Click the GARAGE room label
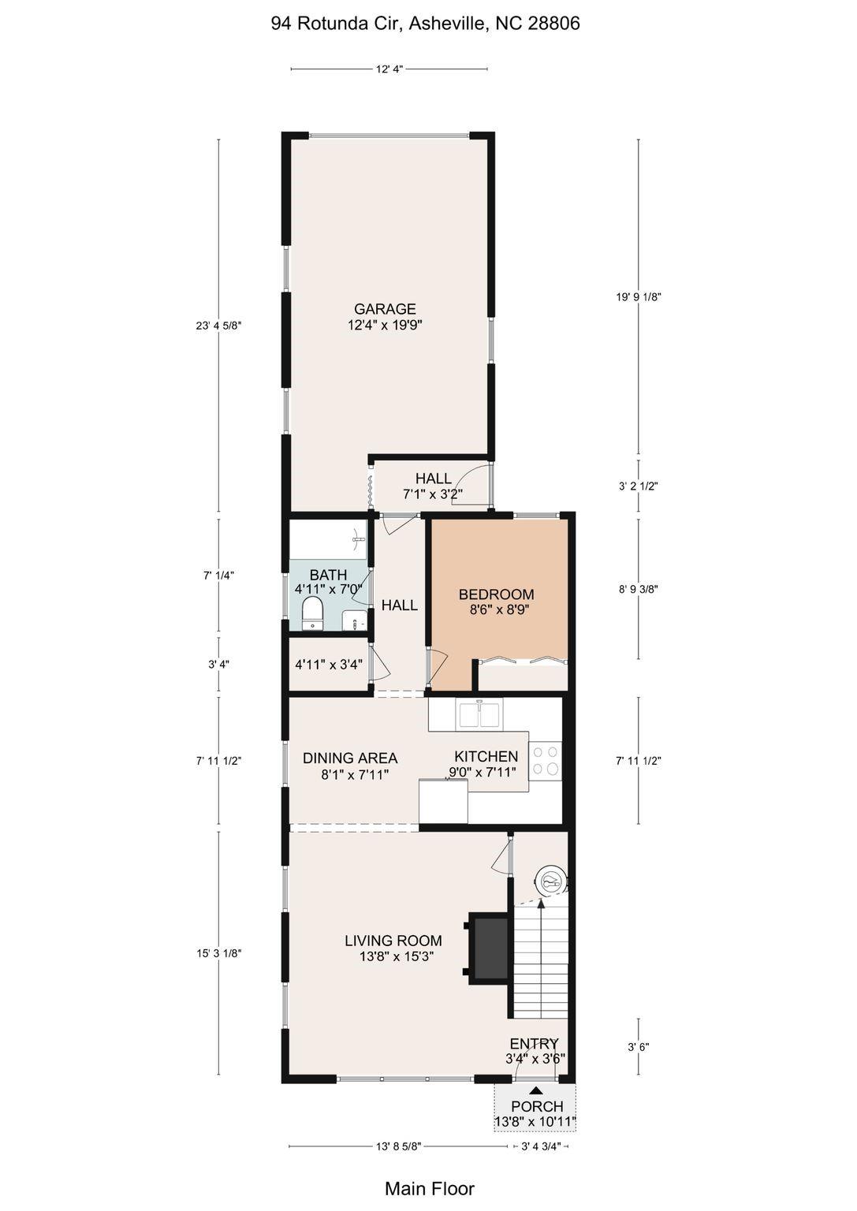click(x=385, y=309)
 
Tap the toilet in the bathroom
click(x=311, y=613)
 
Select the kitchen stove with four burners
click(x=545, y=761)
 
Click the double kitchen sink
click(x=479, y=713)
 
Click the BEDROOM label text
click(x=497, y=594)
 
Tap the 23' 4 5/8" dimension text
click(x=218, y=326)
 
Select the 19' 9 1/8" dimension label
click(x=639, y=296)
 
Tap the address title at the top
click(x=426, y=23)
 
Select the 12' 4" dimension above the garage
click(x=389, y=69)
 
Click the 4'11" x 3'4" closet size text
click(x=328, y=664)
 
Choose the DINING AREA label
click(x=350, y=758)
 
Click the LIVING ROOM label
click(x=393, y=940)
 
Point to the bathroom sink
click(x=354, y=620)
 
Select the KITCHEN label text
click(x=486, y=756)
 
